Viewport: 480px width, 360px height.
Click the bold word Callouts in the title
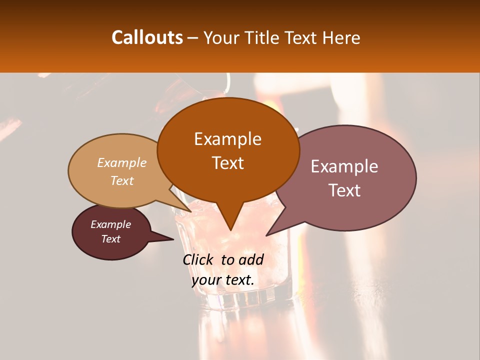tap(147, 37)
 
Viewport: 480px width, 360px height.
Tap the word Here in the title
tap(342, 37)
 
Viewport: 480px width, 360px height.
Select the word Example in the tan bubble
tap(122, 162)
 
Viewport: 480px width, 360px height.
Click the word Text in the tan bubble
tap(122, 180)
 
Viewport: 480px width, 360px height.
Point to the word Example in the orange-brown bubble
tap(227, 139)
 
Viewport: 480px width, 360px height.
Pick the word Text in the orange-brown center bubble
tap(227, 163)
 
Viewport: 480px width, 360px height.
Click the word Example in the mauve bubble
tap(344, 166)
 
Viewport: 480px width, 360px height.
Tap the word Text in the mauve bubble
tap(344, 190)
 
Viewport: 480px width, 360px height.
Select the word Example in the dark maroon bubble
tap(111, 224)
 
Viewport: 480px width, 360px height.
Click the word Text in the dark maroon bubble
tap(111, 239)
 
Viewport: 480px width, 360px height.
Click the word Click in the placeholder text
tap(199, 259)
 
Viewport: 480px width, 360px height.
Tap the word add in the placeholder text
tap(251, 259)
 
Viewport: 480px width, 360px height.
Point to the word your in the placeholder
tap(206, 280)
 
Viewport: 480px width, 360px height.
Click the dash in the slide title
tap(193, 37)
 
